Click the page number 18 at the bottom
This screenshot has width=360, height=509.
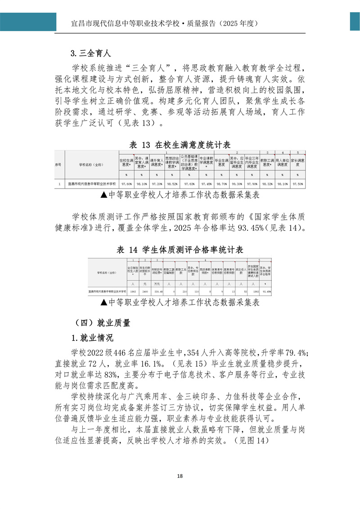(180, 477)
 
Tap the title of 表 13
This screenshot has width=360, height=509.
(180, 144)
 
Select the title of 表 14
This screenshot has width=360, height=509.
(180, 250)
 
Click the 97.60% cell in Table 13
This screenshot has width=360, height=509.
(126, 184)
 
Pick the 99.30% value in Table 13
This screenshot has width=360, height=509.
(237, 184)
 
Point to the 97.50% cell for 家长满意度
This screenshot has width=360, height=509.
(297, 184)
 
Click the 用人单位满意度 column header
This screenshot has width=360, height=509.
(282, 162)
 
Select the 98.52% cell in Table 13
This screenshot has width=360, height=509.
(172, 184)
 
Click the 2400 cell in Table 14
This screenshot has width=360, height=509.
(144, 292)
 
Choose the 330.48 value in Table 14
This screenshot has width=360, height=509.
(157, 292)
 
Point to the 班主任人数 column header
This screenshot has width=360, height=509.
(241, 272)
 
